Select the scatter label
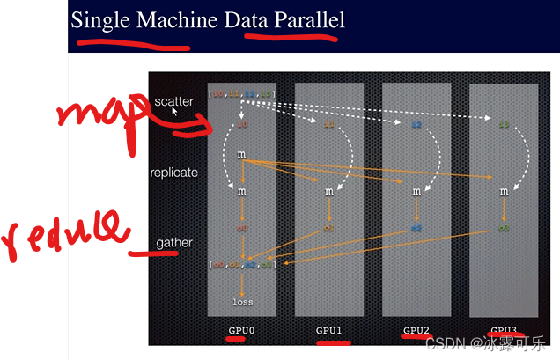[x=173, y=101]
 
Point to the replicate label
[x=173, y=173]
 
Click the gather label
[x=173, y=243]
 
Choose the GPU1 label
[x=329, y=331]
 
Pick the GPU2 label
[x=416, y=331]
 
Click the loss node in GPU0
[x=242, y=302]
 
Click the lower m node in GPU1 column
[x=329, y=190]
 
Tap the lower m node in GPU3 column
[x=504, y=190]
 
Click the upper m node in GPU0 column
[x=241, y=155]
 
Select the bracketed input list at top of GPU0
[x=242, y=92]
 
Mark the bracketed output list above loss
[x=242, y=264]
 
